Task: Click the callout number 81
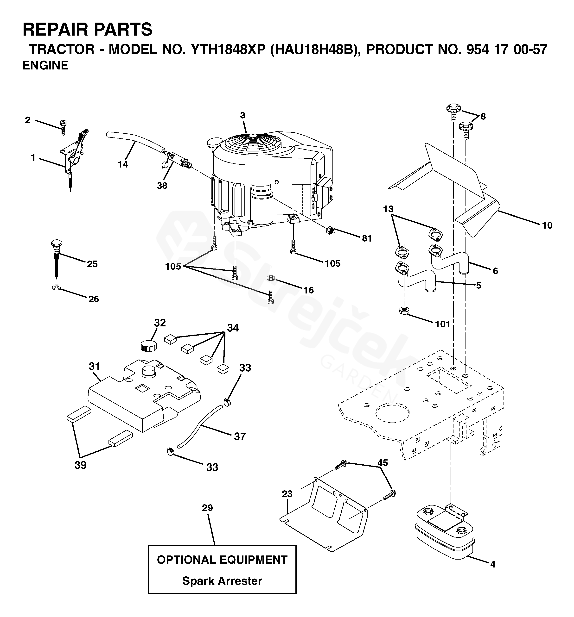[367, 238]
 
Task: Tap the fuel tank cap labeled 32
[148, 345]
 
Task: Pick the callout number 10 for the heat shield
[547, 225]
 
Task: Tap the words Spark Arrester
[222, 581]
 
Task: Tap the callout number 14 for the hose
[123, 164]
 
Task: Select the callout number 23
[287, 494]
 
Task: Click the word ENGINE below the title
[45, 65]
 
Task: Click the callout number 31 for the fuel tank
[95, 366]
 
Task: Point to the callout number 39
[80, 465]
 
